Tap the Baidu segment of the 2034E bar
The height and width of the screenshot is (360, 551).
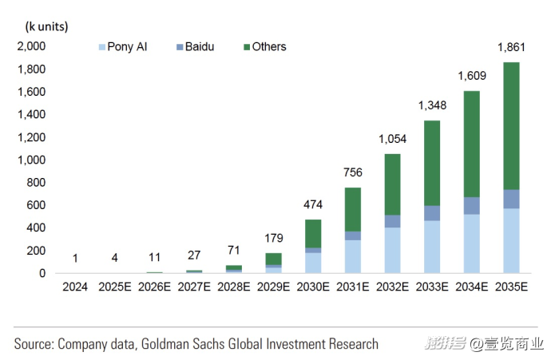point(471,206)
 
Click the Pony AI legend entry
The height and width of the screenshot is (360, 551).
point(121,47)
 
